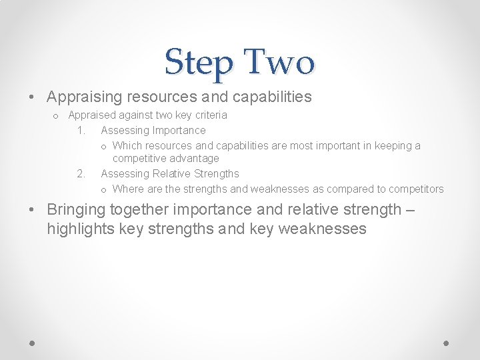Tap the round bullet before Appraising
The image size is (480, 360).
tap(33, 97)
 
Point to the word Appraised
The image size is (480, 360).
tap(93, 115)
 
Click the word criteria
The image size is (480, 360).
tap(211, 115)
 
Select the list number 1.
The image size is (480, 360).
tap(80, 130)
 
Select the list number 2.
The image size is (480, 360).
tap(80, 173)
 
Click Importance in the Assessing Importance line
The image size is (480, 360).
tap(179, 130)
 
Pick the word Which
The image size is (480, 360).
tap(127, 145)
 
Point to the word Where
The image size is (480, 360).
tap(129, 189)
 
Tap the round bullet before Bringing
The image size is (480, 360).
tap(33, 210)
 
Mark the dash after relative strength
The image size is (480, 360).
tap(410, 210)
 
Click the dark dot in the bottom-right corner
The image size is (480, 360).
tap(447, 343)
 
